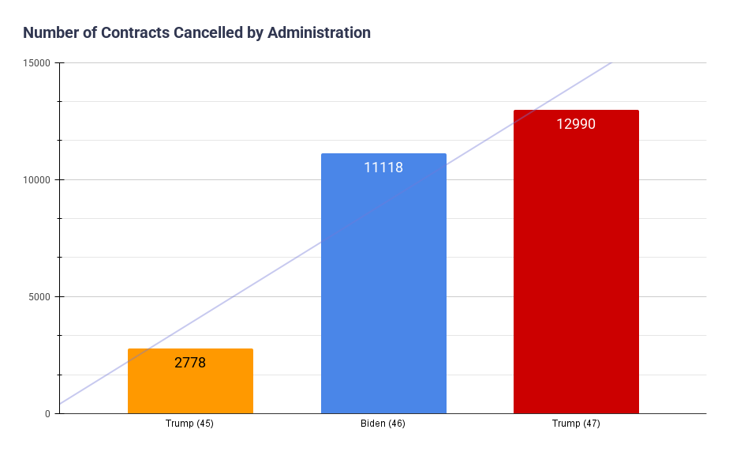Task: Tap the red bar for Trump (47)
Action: coord(576,277)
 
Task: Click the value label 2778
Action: coord(190,363)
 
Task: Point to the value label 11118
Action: coord(383,168)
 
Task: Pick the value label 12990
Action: coord(576,124)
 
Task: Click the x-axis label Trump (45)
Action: coord(189,424)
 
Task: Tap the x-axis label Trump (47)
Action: coord(576,424)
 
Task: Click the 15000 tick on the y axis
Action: coord(36,63)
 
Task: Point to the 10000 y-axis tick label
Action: coord(36,180)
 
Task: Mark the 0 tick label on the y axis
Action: coord(47,414)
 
